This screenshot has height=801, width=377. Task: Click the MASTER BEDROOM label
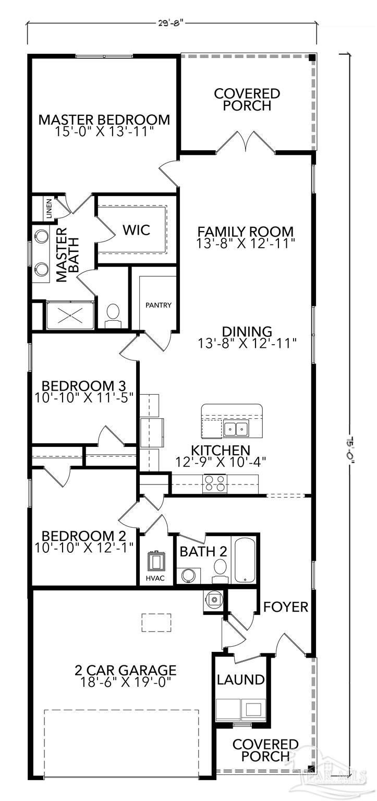click(x=104, y=119)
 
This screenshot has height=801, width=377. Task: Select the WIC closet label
click(x=137, y=229)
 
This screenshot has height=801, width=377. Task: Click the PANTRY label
click(x=159, y=305)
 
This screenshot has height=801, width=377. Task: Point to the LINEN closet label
click(x=49, y=208)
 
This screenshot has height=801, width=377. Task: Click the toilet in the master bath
click(x=112, y=315)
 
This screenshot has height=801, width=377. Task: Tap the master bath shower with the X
click(x=70, y=315)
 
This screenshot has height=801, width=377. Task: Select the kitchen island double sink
click(x=236, y=429)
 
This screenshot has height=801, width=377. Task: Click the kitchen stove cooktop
click(x=215, y=483)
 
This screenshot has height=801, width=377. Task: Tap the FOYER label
click(x=285, y=607)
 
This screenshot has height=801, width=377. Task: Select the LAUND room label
click(x=240, y=680)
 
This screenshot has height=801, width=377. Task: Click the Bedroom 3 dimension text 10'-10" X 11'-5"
click(x=84, y=396)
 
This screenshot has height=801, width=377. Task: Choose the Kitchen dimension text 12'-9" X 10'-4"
click(x=221, y=461)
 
